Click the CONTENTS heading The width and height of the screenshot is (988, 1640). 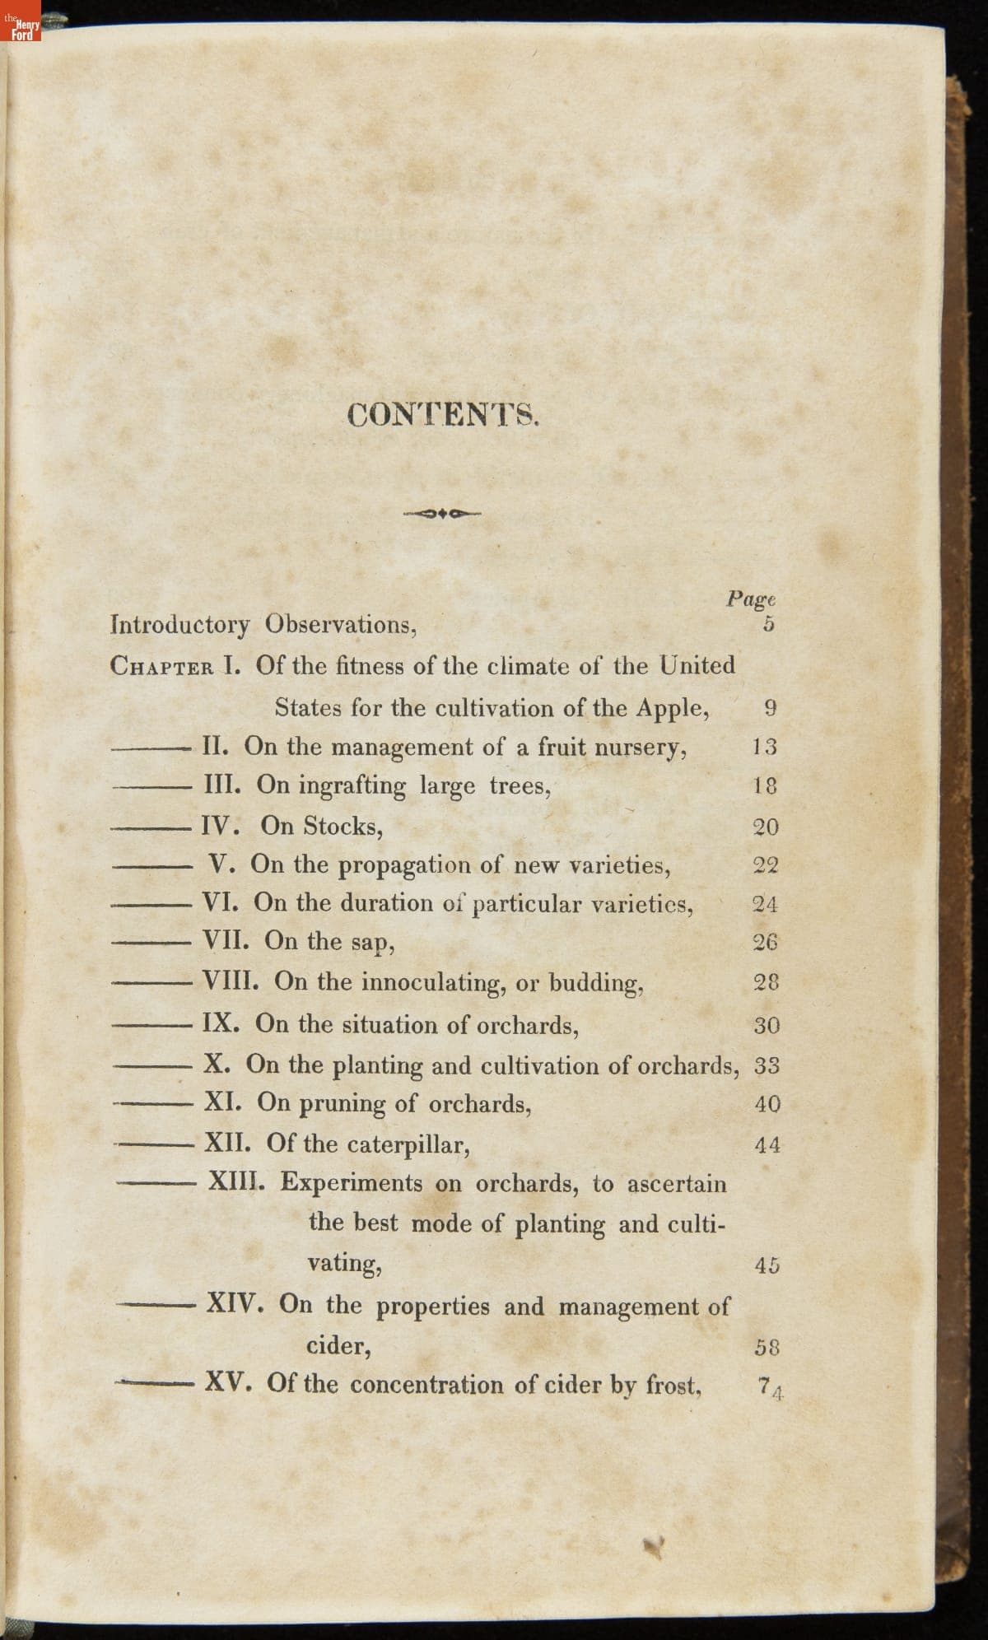[x=443, y=413]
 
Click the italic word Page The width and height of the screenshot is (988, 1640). [x=751, y=599]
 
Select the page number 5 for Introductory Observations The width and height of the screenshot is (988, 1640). [x=768, y=624]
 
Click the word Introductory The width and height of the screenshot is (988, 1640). [x=179, y=625]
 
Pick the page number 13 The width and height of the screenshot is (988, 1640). [x=765, y=748]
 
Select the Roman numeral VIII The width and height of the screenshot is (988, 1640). [x=233, y=981]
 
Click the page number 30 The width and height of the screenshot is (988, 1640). [x=767, y=1026]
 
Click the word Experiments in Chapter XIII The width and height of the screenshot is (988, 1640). [x=352, y=1183]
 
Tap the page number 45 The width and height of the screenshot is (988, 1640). [x=767, y=1265]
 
